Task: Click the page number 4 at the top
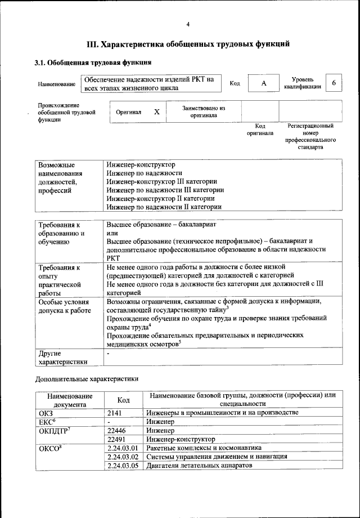coord(188,24)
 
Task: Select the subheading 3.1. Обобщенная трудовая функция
coord(93,62)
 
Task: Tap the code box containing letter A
coord(263,83)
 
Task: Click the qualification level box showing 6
coord(334,83)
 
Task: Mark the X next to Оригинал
coord(157,112)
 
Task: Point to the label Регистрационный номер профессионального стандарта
coord(310,137)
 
